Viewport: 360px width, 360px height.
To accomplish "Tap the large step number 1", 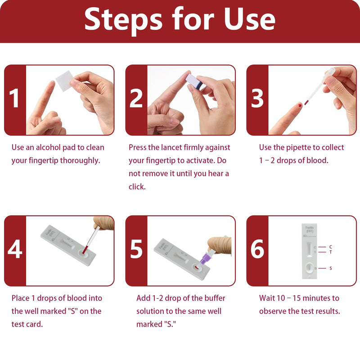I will coord(15,99).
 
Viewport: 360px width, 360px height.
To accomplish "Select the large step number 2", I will coord(136,99).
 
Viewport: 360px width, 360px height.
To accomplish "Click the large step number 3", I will coord(257,99).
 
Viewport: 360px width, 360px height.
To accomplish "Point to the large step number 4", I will coord(15,250).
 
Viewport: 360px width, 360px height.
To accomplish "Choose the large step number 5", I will coord(136,250).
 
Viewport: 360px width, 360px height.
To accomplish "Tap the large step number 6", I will coord(257,250).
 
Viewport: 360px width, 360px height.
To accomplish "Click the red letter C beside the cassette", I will coord(331,247).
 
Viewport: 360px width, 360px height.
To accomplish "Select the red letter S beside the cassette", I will coord(331,268).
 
